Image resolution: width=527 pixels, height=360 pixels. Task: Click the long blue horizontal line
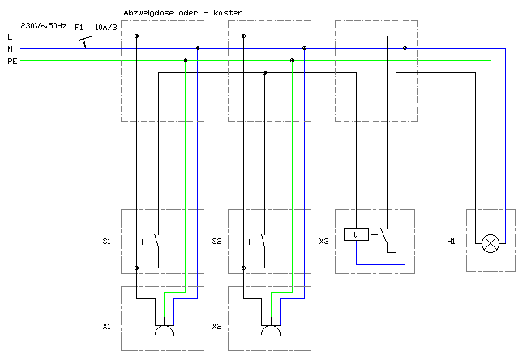point(380,264)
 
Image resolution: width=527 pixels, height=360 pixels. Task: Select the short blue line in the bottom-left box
point(186,299)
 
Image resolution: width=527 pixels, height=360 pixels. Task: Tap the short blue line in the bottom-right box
point(293,299)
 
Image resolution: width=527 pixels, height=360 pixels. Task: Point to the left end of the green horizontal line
point(22,60)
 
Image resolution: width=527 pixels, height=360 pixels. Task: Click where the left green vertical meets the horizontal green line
point(186,60)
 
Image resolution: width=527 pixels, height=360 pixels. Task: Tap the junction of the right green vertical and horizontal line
point(293,60)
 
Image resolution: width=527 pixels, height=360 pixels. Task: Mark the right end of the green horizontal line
point(490,60)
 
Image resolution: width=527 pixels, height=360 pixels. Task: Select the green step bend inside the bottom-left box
point(165,293)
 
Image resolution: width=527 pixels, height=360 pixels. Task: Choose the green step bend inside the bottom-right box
point(272,293)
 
